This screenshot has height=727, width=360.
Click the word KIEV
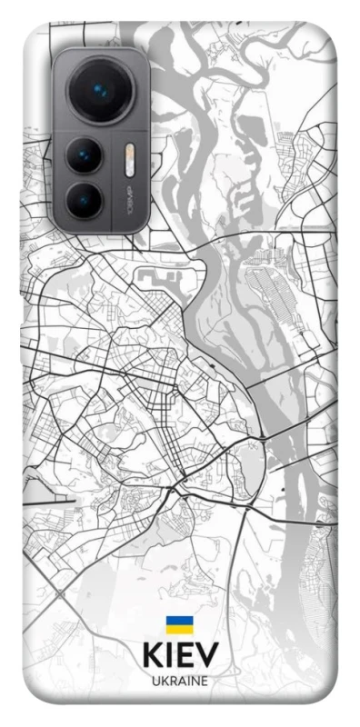(x=179, y=657)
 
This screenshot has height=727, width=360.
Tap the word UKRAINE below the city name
(x=179, y=681)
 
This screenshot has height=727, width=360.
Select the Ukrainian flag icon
(x=178, y=625)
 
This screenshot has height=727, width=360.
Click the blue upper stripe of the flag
(x=178, y=622)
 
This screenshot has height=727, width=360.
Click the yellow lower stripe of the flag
(x=178, y=630)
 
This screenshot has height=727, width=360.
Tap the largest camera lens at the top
(x=98, y=91)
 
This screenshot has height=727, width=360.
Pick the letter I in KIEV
(x=168, y=657)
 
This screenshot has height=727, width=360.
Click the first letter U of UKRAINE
(x=154, y=681)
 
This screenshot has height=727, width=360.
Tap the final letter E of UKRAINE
(x=205, y=681)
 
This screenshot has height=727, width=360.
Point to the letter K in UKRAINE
(x=163, y=681)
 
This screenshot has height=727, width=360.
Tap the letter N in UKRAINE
(x=195, y=681)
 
